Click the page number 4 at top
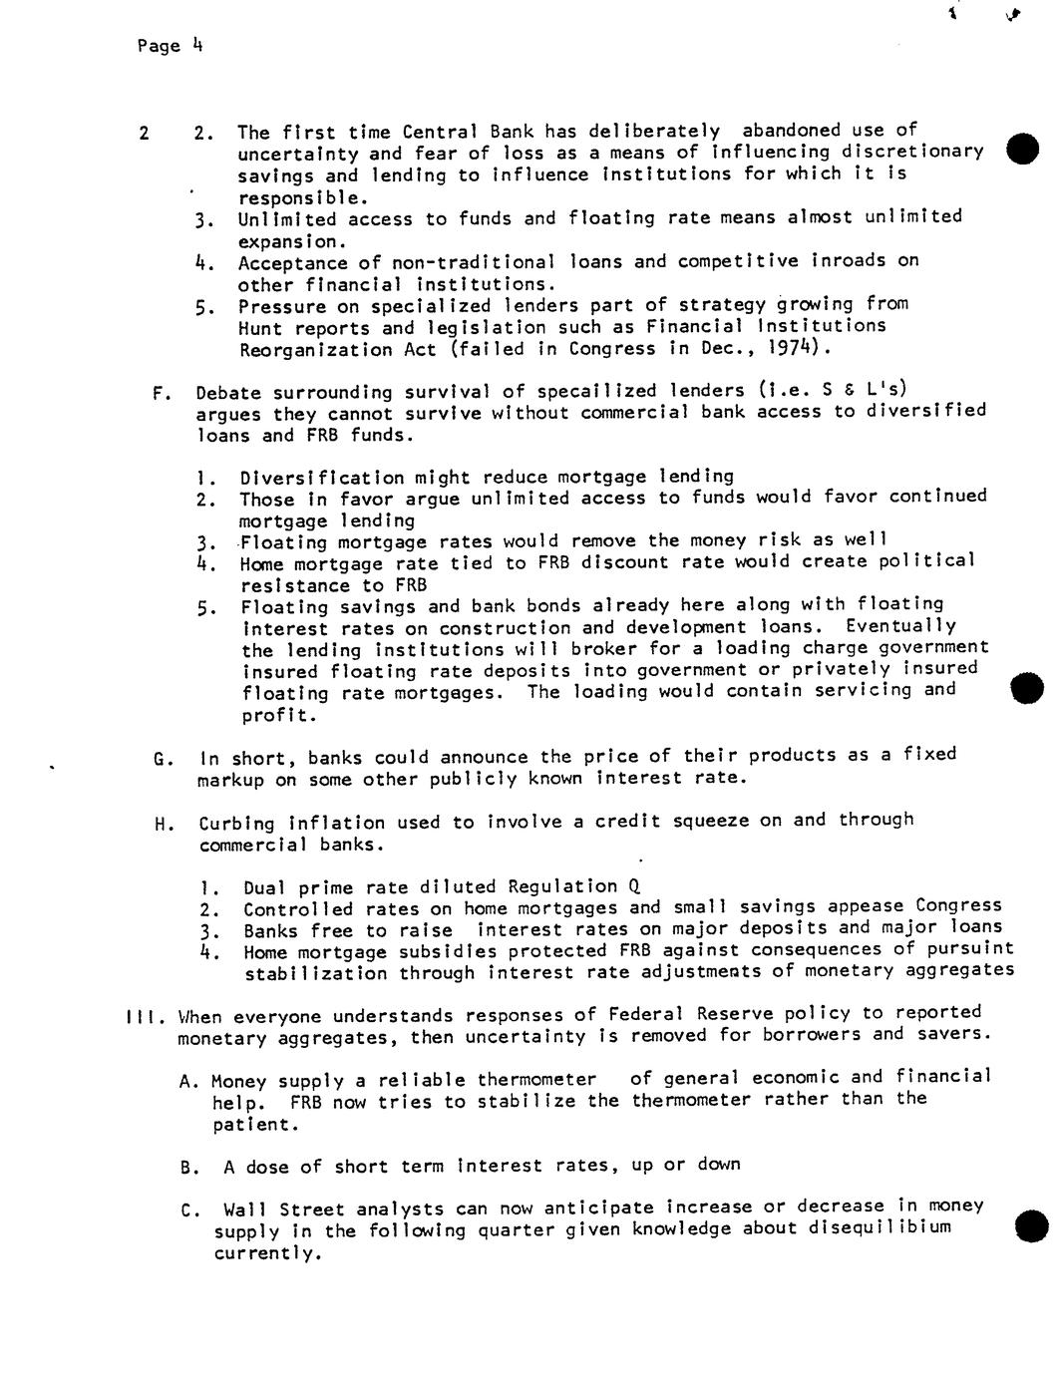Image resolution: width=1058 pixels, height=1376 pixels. pyautogui.click(x=197, y=44)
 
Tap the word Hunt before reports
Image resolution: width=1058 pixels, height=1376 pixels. pyautogui.click(x=260, y=328)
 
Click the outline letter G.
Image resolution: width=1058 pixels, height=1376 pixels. pyautogui.click(x=161, y=759)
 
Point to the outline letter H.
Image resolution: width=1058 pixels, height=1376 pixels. pyautogui.click(x=161, y=825)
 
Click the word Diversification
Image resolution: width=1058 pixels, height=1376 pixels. pyautogui.click(x=320, y=478)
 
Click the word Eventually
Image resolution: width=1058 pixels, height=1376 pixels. pyautogui.click(x=900, y=626)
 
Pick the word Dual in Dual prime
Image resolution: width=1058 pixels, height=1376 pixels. pyautogui.click(x=265, y=887)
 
